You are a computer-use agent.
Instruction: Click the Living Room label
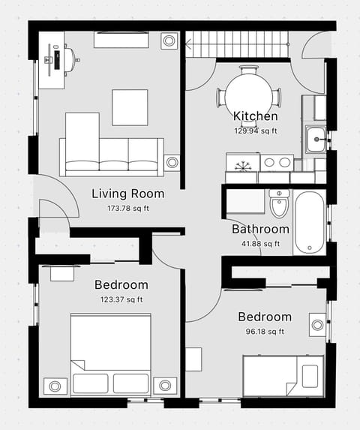[x=127, y=194]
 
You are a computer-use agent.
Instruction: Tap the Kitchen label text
[x=255, y=116]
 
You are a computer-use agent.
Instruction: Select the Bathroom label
[x=260, y=230]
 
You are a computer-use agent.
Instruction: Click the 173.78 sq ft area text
[x=127, y=208]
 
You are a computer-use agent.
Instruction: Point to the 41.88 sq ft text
[x=260, y=243]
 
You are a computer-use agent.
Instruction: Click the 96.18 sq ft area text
[x=264, y=331]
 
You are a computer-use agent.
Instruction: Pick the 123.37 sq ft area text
[x=121, y=299]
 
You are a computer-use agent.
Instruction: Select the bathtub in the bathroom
[x=309, y=222]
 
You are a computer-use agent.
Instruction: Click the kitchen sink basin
[x=316, y=137]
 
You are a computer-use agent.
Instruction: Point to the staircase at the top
[x=237, y=44]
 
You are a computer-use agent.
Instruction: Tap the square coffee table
[x=130, y=107]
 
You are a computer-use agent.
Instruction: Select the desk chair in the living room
[x=69, y=59]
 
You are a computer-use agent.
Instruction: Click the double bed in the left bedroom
[x=110, y=354]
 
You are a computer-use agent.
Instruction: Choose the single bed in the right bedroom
[x=283, y=375]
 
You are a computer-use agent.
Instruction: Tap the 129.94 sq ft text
[x=255, y=130]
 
